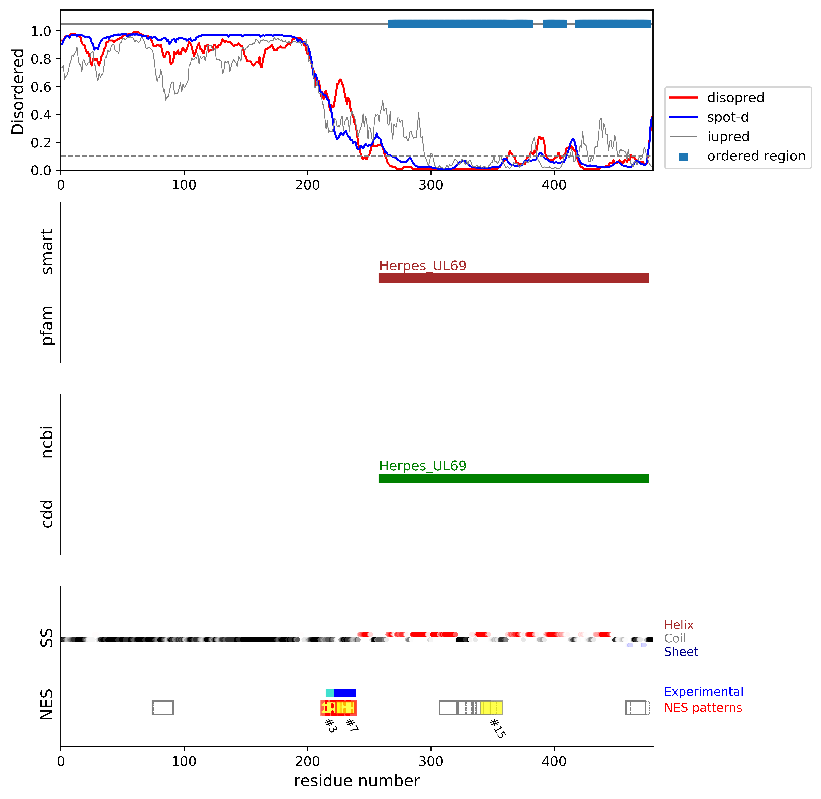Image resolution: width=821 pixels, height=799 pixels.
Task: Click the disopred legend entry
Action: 735,98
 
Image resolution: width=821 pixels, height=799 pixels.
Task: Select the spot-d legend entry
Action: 727,117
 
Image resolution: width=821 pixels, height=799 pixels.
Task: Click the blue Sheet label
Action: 681,652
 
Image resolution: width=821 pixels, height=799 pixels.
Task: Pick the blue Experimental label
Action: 703,692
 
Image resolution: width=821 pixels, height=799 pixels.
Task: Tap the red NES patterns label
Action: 703,708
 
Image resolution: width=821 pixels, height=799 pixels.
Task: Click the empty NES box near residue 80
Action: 162,708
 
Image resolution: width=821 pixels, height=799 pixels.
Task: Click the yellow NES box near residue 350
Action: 491,708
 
